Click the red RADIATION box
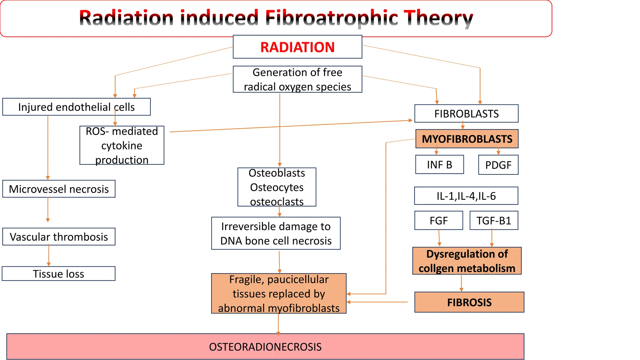point(297,47)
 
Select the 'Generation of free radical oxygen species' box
point(297,79)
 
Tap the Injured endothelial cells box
point(76,107)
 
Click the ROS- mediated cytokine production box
point(122,145)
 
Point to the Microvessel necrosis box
point(59,189)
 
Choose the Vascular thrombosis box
point(59,237)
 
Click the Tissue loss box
point(58,274)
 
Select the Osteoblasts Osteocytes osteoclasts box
point(277,187)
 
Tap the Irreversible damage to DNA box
point(276,233)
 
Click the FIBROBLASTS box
point(466,113)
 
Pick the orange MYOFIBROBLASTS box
point(467,139)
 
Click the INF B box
point(439,165)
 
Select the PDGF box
point(498,165)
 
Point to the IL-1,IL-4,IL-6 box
point(466,196)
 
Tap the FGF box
point(438,221)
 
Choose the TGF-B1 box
point(494,221)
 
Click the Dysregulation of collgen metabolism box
point(467,261)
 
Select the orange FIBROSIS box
point(469,302)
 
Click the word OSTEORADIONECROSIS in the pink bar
point(265,347)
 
